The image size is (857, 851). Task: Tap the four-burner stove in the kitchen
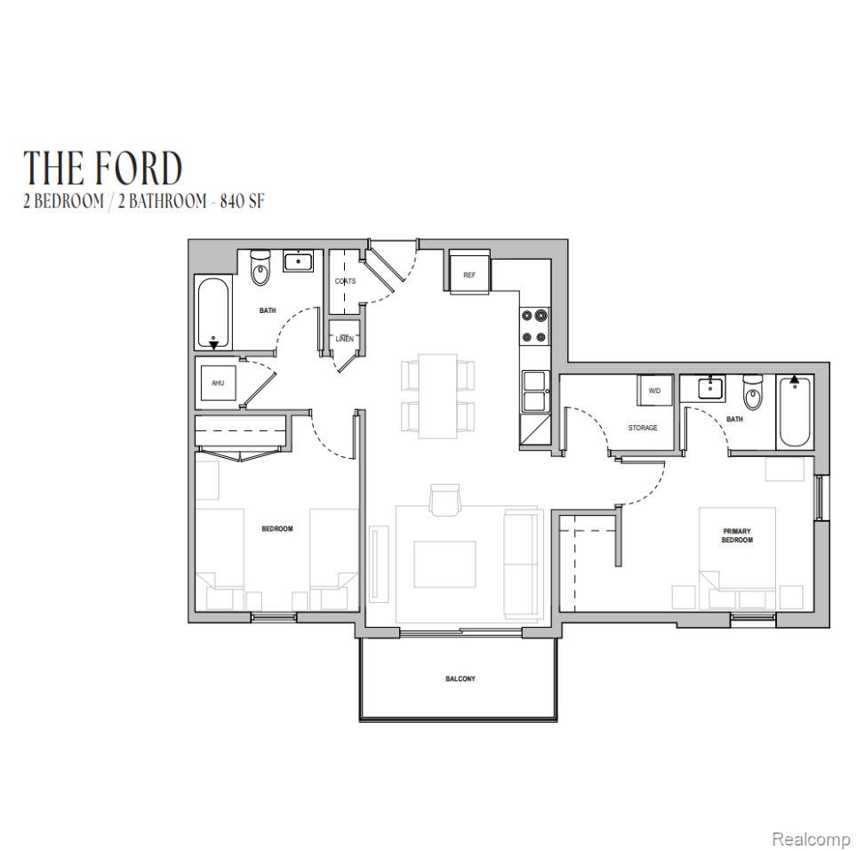point(534,325)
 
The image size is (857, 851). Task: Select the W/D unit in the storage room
point(654,390)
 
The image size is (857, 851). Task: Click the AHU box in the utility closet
point(218,382)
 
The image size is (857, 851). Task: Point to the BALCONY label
point(461,678)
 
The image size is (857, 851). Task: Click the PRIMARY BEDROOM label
point(737,535)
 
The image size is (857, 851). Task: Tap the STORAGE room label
point(643,428)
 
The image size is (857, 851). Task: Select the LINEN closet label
point(344,339)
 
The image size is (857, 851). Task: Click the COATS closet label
point(345,281)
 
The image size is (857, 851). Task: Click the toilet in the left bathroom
point(260,268)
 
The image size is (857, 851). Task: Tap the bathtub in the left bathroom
point(213,312)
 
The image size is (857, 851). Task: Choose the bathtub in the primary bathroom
point(795,412)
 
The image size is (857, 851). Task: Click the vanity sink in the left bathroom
point(298,261)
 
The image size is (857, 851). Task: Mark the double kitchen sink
point(535,391)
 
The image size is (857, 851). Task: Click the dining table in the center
point(437,396)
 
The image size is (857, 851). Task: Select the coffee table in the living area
point(445,564)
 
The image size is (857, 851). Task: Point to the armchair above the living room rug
point(445,500)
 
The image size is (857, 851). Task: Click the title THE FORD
point(103,168)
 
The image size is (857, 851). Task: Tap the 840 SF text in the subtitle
point(242,202)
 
